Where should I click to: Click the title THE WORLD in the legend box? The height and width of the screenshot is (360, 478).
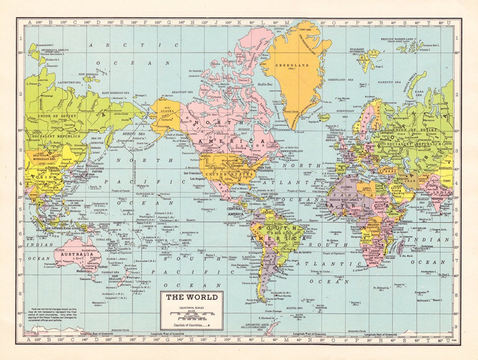[192, 297]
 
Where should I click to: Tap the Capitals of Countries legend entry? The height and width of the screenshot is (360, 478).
[190, 325]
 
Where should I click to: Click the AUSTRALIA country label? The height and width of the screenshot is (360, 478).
[76, 254]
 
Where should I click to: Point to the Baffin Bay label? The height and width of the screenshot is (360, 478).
[265, 84]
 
